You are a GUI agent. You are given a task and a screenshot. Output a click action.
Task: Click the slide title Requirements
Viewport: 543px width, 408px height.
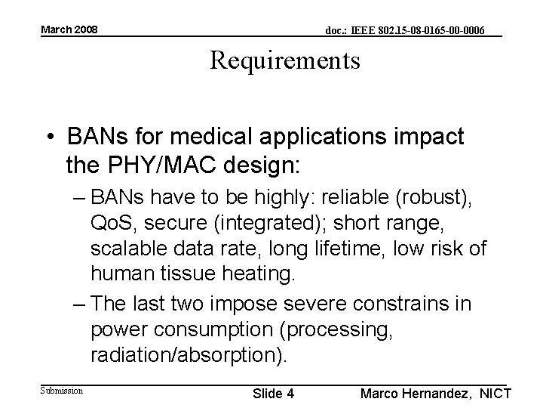[285, 60]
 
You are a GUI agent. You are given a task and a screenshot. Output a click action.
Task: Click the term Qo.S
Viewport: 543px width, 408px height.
[111, 224]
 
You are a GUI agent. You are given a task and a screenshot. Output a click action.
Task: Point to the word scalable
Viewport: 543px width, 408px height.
[125, 249]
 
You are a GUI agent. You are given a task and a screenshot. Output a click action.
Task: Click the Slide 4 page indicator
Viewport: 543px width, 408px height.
[273, 394]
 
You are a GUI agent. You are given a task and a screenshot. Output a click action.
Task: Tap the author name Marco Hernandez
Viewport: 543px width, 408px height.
[417, 394]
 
